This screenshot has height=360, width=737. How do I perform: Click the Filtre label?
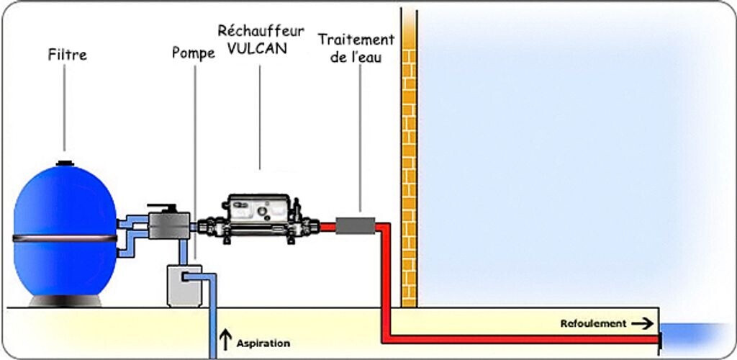click(x=67, y=55)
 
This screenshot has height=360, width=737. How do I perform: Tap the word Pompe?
click(x=193, y=53)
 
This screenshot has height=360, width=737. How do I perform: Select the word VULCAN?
click(x=260, y=50)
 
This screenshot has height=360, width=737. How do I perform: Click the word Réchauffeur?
click(x=260, y=32)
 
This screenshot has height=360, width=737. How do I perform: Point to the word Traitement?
click(x=356, y=40)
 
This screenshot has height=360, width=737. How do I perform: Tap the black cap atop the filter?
click(x=65, y=163)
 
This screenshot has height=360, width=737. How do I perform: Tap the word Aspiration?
click(x=263, y=343)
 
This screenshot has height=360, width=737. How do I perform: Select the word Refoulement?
click(x=593, y=324)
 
